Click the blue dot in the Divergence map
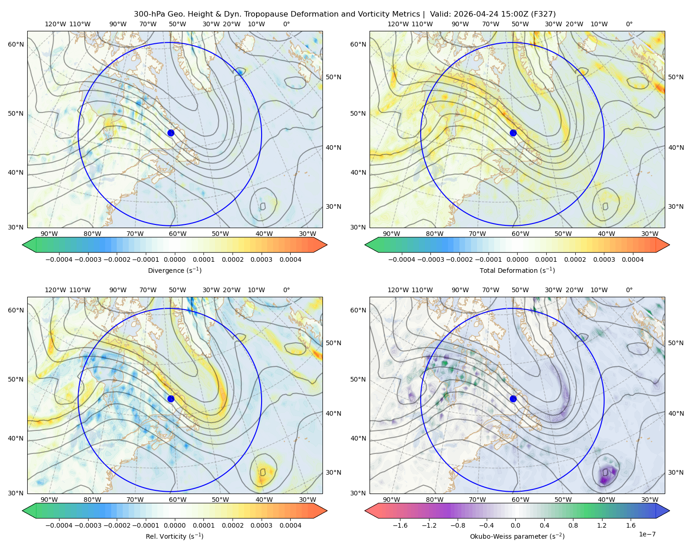click(x=171, y=133)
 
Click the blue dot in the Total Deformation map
click(x=513, y=133)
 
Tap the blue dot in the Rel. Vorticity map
click(x=171, y=399)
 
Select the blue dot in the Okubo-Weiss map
click(x=513, y=399)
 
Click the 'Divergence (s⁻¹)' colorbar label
click(x=174, y=271)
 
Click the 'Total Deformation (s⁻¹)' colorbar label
click(x=517, y=271)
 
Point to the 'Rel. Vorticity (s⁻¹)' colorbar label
click(x=174, y=536)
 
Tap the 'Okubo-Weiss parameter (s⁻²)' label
click(x=517, y=536)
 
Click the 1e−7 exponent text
click(x=647, y=535)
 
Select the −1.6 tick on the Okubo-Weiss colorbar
click(x=400, y=525)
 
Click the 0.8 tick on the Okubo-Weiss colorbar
click(x=573, y=525)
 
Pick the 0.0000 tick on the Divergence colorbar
click(x=174, y=259)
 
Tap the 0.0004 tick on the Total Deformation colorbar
click(x=633, y=259)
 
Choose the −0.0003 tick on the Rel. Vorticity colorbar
click(x=88, y=525)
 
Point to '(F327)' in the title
click(x=543, y=14)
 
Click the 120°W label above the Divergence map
click(x=55, y=24)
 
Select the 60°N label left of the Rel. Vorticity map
click(x=16, y=311)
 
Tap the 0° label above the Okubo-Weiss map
click(x=629, y=290)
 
